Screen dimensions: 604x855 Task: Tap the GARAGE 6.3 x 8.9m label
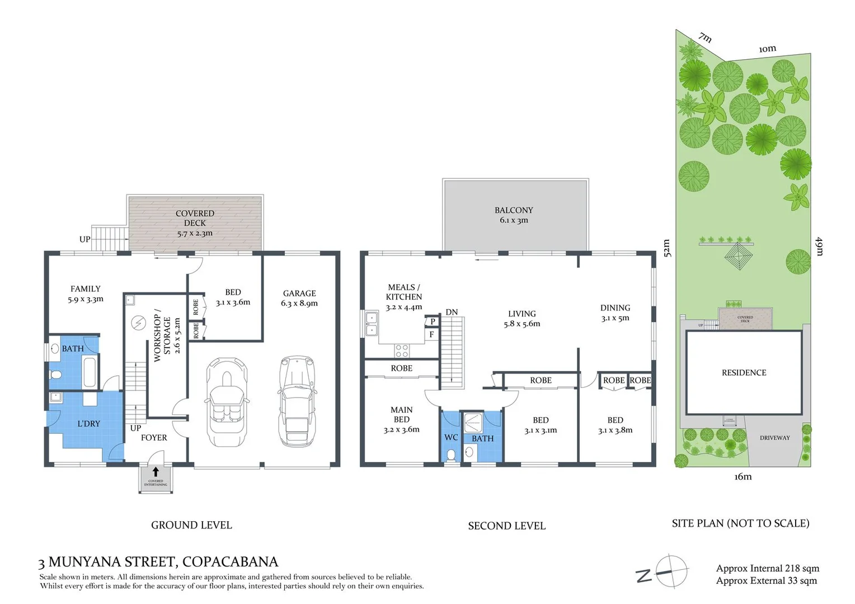(299, 298)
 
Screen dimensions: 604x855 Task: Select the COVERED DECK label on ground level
(195, 223)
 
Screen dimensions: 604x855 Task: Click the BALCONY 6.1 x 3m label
(514, 215)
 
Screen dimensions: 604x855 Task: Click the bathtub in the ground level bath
(90, 373)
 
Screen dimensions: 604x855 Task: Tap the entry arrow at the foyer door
(156, 472)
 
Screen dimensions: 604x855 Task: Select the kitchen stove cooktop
(402, 351)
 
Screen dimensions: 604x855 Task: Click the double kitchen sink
(372, 324)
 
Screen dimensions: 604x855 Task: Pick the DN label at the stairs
(452, 312)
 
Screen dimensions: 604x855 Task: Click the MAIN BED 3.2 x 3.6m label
(401, 419)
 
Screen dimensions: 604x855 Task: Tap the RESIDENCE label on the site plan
(744, 372)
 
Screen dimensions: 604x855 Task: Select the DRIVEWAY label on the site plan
(774, 438)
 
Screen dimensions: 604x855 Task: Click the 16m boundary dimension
(743, 476)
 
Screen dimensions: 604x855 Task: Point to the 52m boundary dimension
(666, 248)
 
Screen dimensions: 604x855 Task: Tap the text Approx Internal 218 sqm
(767, 568)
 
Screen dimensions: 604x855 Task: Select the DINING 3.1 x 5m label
(615, 313)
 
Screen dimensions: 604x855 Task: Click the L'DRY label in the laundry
(88, 423)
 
